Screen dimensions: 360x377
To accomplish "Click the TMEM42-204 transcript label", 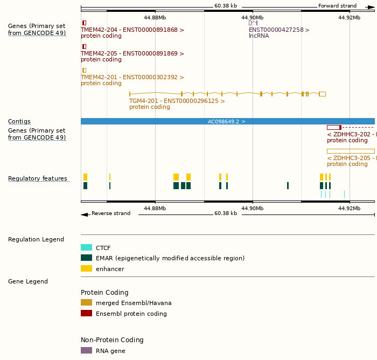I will pos(132,30).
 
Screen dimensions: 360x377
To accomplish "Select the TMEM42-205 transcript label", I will pos(132,54).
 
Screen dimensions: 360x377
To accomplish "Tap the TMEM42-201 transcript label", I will pos(132,78).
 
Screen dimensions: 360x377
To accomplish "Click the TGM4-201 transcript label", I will pos(177,101).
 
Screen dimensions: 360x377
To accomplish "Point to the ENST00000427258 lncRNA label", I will pos(279,30).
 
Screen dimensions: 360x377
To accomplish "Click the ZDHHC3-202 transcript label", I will pos(351,134).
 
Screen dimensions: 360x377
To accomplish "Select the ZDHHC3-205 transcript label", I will pos(351,158).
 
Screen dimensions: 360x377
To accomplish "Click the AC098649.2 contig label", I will pos(227,122).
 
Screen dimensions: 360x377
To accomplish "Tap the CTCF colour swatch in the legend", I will pos(86,248).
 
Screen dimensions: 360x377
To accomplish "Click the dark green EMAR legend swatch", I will pos(86,258).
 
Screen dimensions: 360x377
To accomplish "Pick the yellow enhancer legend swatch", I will pos(86,268).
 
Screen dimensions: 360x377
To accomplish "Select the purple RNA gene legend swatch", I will pos(86,350).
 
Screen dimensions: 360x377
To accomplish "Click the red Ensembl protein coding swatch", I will pos(86,314).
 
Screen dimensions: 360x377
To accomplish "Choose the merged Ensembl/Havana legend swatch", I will pos(86,303).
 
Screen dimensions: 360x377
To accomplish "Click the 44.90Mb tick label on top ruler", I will pos(252,17).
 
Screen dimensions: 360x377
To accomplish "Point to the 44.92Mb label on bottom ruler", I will pos(349,208).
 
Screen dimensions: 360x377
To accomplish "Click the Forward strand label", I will pos(337,6).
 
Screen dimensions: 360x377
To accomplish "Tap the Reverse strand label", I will pos(111,213).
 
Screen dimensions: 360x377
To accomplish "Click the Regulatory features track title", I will pos(38,179).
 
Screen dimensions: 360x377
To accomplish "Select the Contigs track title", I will pos(19,122).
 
